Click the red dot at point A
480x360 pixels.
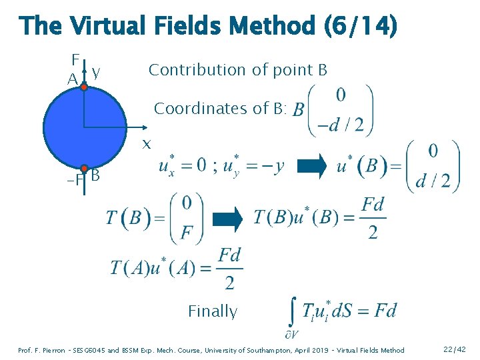click(x=84, y=86)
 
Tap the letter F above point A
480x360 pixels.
click(x=75, y=58)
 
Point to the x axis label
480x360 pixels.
click(x=147, y=144)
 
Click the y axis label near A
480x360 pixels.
click(x=97, y=71)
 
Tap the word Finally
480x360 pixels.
click(x=213, y=311)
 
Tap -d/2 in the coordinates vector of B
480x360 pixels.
click(x=341, y=125)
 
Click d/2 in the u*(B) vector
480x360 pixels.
click(x=433, y=180)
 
